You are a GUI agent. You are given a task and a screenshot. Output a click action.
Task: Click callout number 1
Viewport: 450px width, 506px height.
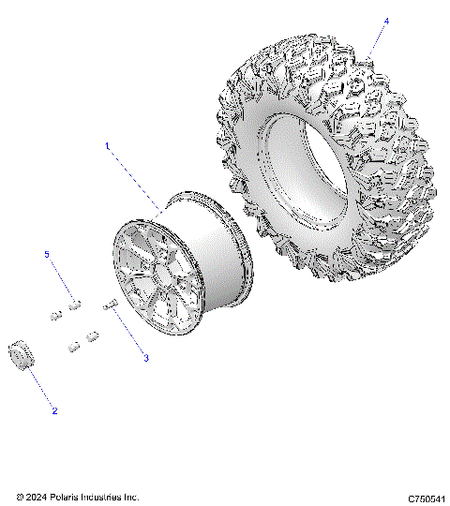pos(108,146)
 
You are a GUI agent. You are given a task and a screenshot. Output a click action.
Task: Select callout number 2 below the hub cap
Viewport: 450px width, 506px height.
pos(54,410)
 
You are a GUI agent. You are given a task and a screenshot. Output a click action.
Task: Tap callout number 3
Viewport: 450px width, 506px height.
pos(145,358)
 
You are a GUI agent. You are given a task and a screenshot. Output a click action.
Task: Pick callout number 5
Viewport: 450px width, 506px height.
pos(47,255)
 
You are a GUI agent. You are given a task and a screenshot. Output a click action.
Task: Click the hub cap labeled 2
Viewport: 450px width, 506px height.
pos(19,357)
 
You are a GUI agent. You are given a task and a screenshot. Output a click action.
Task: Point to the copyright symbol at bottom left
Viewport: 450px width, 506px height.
pos(20,497)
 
